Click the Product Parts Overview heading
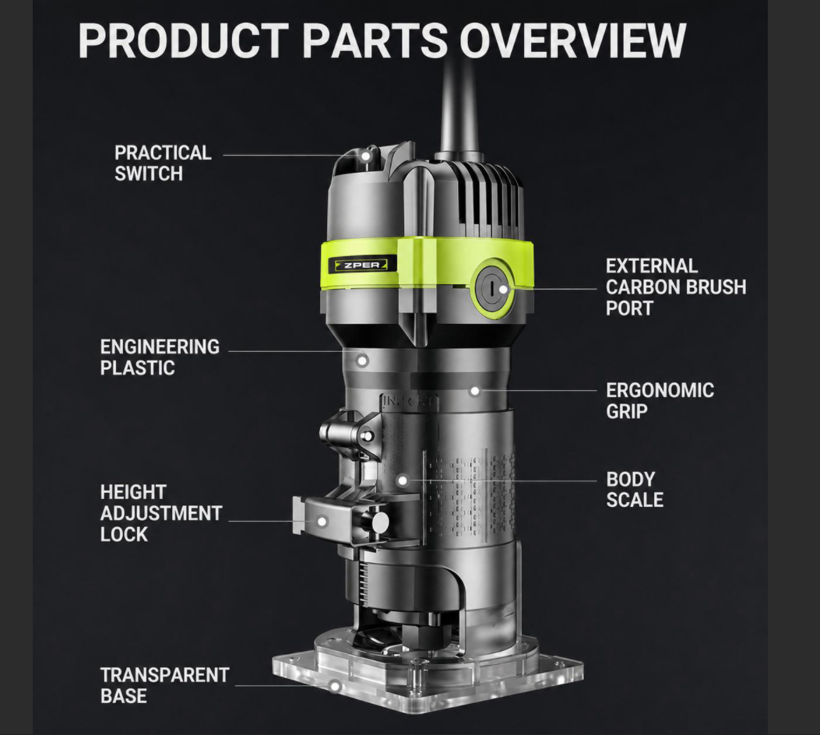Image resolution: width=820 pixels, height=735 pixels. tap(382, 40)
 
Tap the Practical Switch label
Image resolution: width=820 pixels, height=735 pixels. tap(163, 163)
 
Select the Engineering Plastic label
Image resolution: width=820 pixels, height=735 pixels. tap(160, 357)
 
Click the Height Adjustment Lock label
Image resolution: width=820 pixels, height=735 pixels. tap(161, 513)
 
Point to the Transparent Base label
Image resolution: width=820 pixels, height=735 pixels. tap(165, 685)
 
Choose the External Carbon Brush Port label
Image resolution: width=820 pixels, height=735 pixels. tap(676, 287)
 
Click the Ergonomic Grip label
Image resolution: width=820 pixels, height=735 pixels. tap(660, 400)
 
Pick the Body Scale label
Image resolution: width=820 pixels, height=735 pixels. tap(635, 489)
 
